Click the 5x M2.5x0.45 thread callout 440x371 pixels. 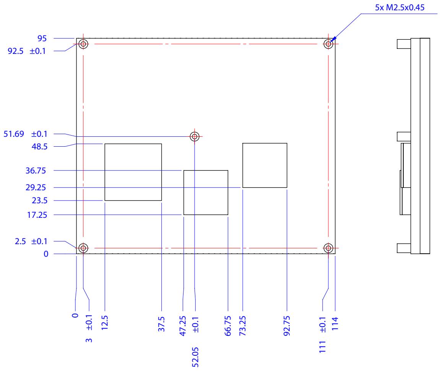(x=399, y=8)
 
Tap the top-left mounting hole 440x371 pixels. (x=83, y=44)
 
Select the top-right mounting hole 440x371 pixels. (x=328, y=44)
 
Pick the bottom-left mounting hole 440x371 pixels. (x=83, y=248)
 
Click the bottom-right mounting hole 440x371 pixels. (x=328, y=248)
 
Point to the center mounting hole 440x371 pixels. (x=195, y=136)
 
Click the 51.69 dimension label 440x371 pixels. (x=14, y=134)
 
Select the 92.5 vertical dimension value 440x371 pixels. (x=15, y=51)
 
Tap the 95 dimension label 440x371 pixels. (x=42, y=39)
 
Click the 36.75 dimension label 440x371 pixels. (x=36, y=171)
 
